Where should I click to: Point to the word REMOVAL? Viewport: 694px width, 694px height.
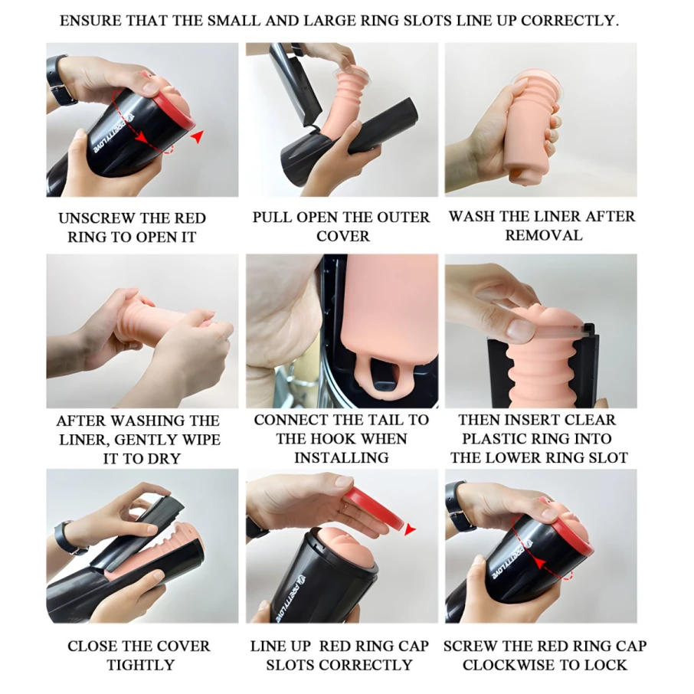[x=544, y=235]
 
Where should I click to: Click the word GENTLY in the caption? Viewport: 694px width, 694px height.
[x=151, y=440]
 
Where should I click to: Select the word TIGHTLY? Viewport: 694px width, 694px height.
[x=141, y=665]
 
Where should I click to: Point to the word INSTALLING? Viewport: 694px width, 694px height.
[x=341, y=457]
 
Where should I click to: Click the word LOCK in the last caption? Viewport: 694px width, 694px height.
[x=607, y=665]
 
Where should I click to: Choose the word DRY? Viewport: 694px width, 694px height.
[x=165, y=459]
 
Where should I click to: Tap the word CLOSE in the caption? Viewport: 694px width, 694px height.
[x=92, y=647]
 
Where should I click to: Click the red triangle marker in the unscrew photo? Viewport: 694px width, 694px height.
[x=198, y=136]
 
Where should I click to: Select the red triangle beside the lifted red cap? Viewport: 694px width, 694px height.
[x=411, y=529]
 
